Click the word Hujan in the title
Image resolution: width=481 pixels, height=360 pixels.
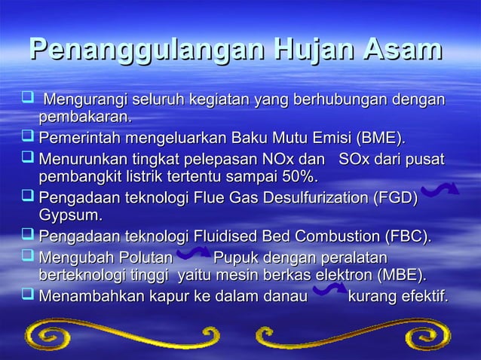point(314,51)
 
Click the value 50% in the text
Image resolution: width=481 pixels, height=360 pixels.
point(299,177)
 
